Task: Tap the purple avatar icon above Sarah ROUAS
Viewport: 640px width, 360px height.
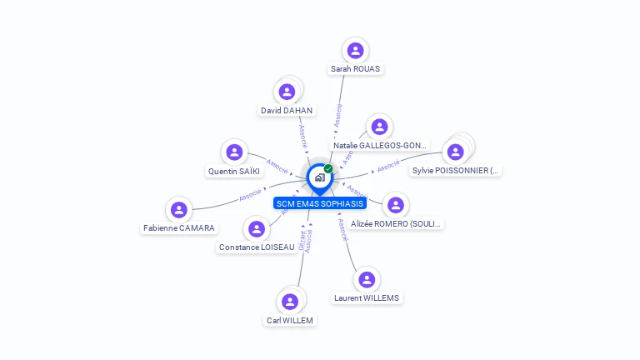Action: point(356,50)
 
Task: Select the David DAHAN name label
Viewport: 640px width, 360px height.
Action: point(287,110)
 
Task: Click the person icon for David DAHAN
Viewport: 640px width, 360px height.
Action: point(287,92)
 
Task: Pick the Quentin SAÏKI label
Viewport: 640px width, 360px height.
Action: point(234,172)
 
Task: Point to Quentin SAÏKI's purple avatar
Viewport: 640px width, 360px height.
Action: point(234,152)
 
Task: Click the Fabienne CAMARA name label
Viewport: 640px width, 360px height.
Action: point(178,228)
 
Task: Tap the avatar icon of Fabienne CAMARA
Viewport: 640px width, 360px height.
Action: point(178,209)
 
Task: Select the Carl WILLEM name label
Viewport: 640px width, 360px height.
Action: point(290,320)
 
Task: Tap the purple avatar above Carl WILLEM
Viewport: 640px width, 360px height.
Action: point(290,301)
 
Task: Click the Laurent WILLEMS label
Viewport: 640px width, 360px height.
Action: point(366,298)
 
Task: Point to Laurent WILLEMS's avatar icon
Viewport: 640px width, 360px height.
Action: point(366,279)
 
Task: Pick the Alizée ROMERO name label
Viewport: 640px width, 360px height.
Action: point(397,224)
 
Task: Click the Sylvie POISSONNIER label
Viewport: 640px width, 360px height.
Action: point(456,171)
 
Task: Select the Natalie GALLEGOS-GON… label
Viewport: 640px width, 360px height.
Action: point(380,146)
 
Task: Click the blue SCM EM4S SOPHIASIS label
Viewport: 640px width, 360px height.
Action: point(320,203)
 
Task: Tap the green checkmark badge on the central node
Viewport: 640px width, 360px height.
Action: point(328,168)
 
